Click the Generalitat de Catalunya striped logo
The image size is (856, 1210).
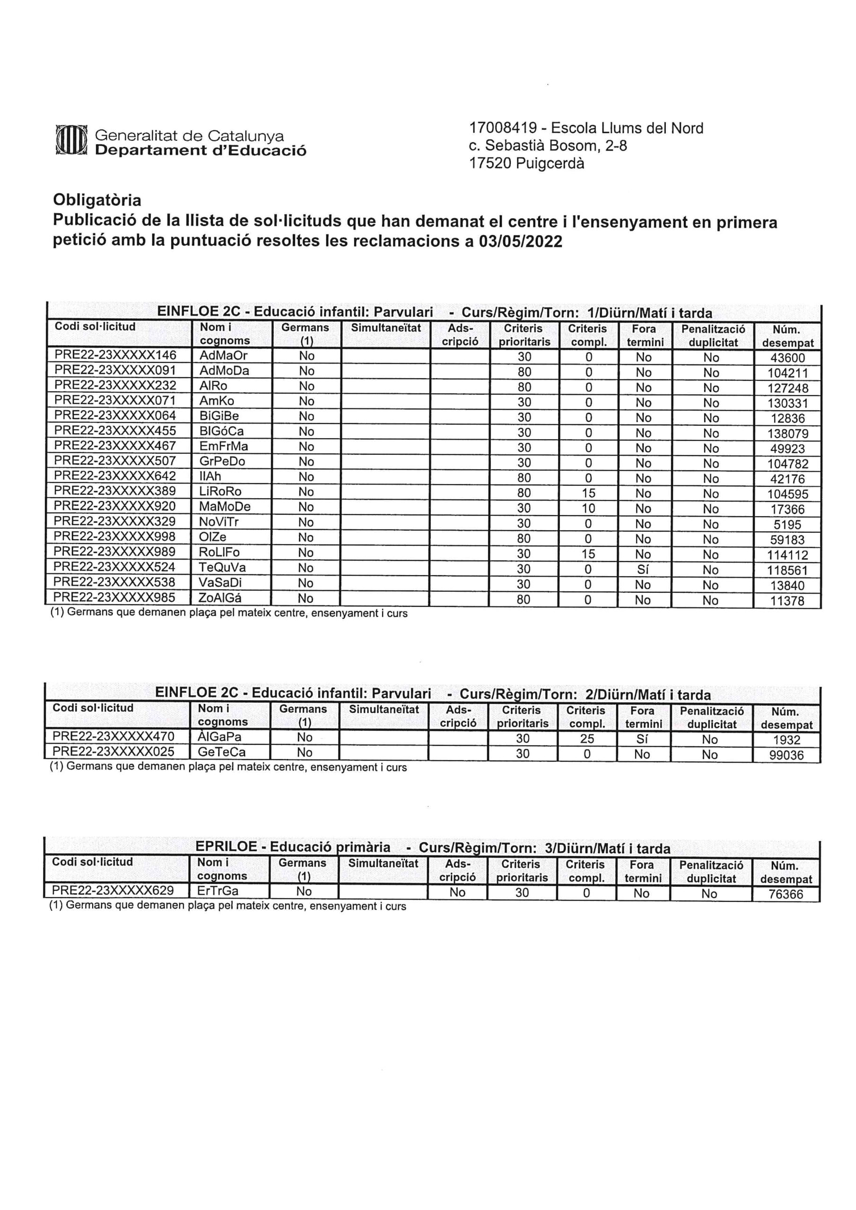tap(70, 141)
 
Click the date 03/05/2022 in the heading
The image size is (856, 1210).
tap(521, 242)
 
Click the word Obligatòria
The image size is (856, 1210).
tap(97, 200)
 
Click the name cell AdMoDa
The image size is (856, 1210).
tap(224, 371)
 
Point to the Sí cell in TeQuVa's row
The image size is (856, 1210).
tap(643, 570)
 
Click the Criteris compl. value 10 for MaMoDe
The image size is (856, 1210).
tap(588, 509)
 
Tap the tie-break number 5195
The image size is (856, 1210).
tap(787, 525)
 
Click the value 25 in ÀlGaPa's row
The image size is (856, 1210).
tap(586, 739)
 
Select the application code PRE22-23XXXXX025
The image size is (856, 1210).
tap(114, 752)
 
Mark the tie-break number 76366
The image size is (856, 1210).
tap(786, 894)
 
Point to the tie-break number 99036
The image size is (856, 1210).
tap(786, 755)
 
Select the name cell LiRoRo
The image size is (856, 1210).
tap(220, 492)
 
